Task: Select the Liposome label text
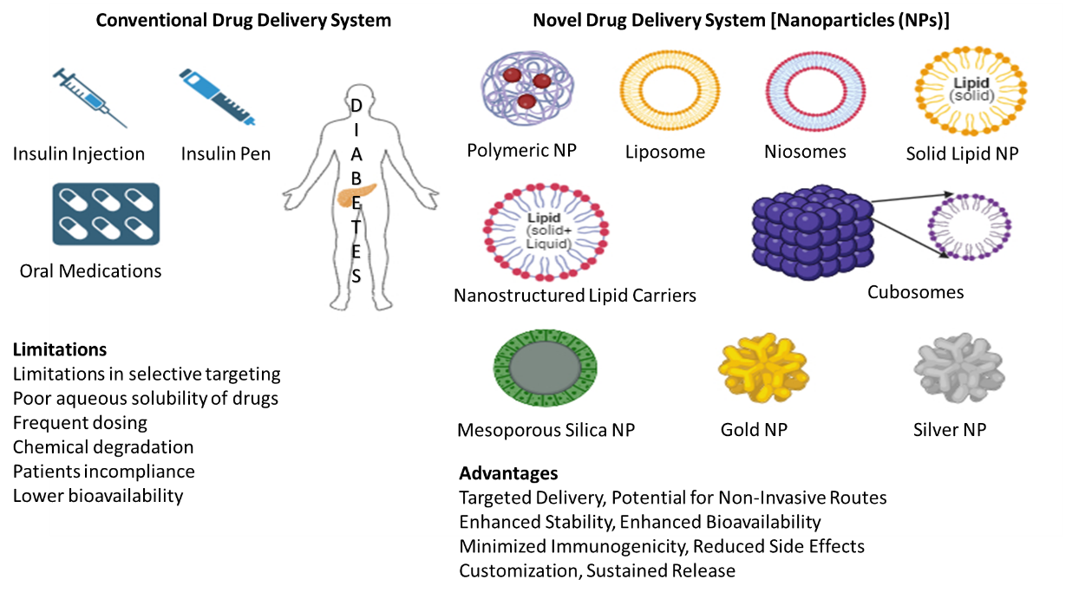tap(665, 153)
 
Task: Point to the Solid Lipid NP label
tap(962, 154)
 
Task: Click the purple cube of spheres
tap(810, 230)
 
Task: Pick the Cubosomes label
tap(915, 292)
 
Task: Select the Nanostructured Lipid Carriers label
tap(575, 296)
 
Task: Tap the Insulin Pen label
tap(226, 154)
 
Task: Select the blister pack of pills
tap(106, 214)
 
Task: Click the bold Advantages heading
tap(508, 473)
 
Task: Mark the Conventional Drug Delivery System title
tap(244, 20)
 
